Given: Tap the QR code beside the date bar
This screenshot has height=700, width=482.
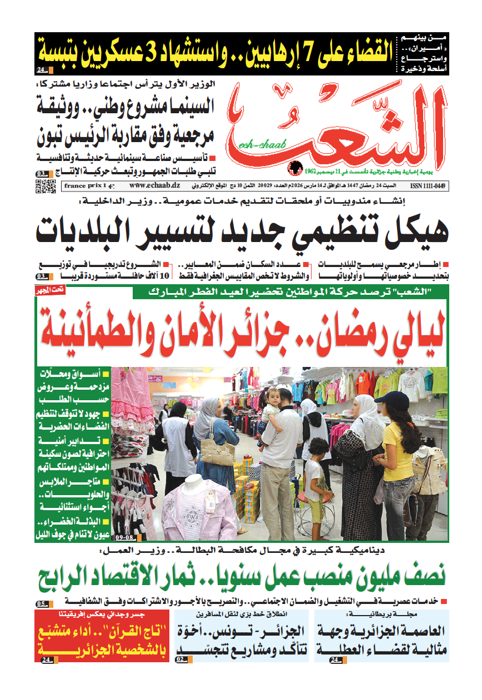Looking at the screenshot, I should [x=46, y=186].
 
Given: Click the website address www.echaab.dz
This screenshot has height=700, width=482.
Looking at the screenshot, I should [x=144, y=186].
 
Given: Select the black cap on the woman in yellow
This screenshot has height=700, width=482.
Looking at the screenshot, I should [x=395, y=399].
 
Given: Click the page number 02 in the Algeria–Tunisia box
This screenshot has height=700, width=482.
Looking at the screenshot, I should [x=182, y=659].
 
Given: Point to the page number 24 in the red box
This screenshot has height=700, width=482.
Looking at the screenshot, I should [x=46, y=659].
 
